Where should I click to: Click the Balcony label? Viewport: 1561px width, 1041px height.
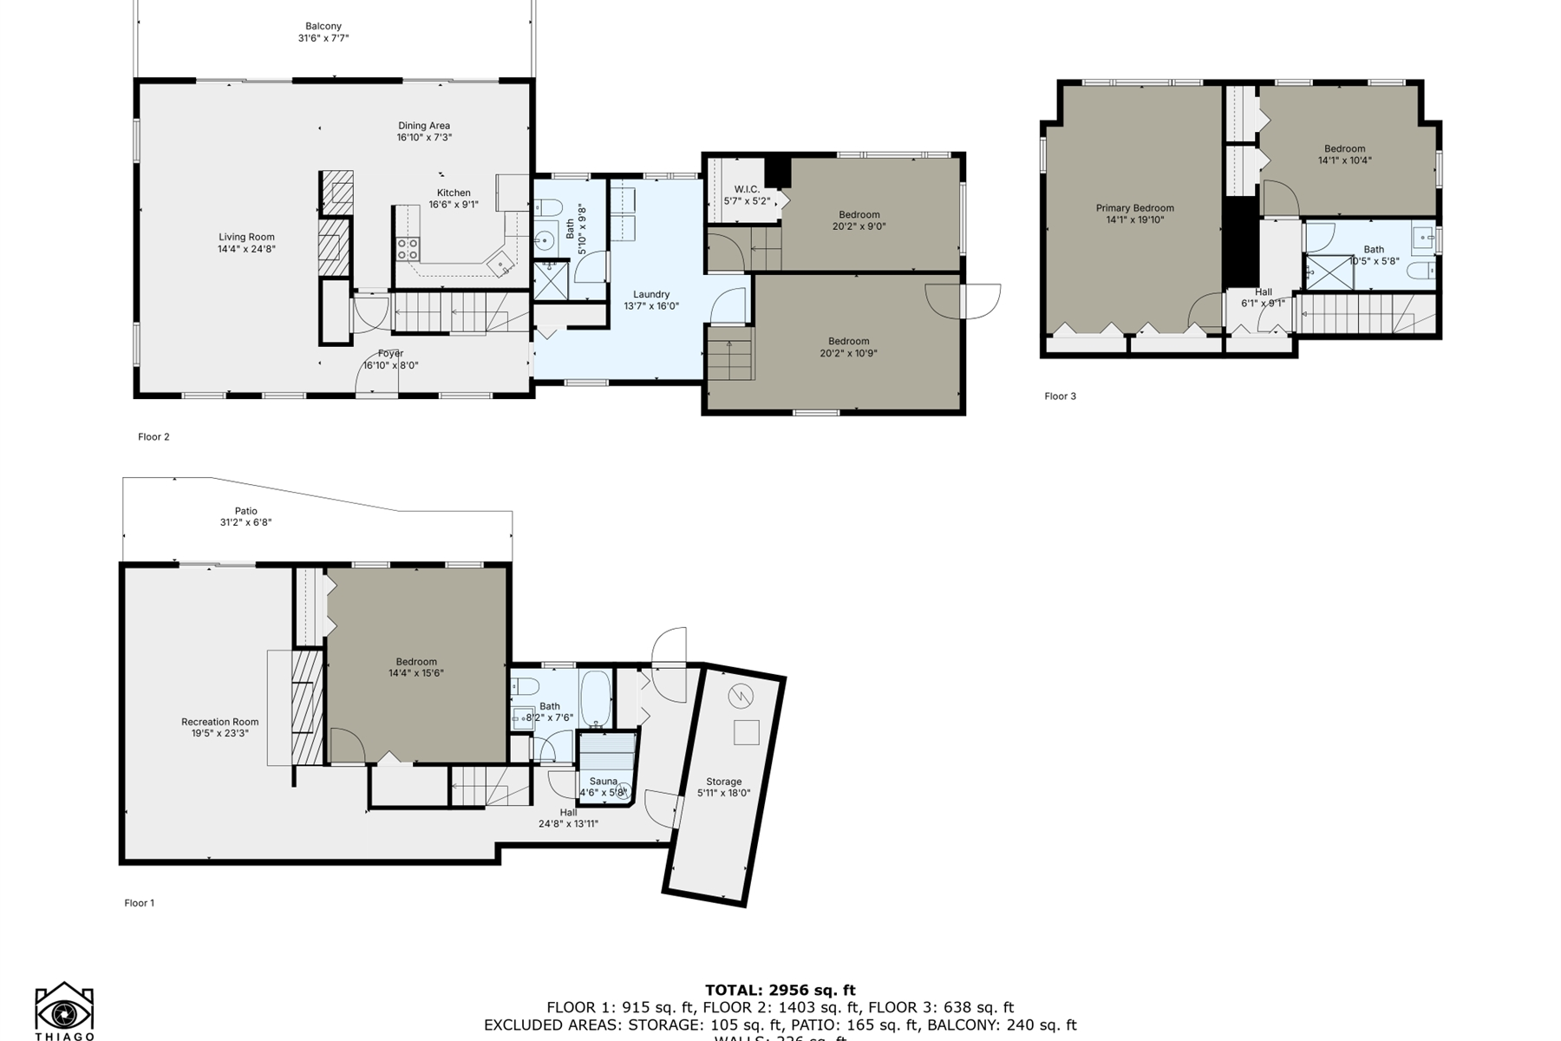[x=323, y=27]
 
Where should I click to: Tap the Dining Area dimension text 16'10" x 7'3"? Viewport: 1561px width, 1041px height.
[x=424, y=138]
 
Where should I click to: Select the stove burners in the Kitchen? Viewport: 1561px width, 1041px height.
[x=408, y=249]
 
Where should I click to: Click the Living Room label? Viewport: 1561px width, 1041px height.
[x=246, y=237]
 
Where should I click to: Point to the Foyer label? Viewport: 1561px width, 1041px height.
[x=390, y=354]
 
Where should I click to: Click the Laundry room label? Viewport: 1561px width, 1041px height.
[x=651, y=294]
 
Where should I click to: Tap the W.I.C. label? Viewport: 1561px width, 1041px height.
[x=747, y=189]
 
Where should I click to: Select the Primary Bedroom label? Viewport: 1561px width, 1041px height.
[x=1134, y=208]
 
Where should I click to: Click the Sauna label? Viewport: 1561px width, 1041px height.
[x=604, y=782]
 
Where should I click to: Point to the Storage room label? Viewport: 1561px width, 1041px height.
[x=723, y=782]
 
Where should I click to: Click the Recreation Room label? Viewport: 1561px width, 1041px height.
[x=219, y=722]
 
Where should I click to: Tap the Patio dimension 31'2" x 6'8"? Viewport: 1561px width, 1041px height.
[x=245, y=523]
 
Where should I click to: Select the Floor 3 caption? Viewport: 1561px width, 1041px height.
[x=1060, y=396]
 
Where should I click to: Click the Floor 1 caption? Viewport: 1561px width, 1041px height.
[x=139, y=903]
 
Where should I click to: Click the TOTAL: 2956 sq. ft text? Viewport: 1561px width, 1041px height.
[x=780, y=990]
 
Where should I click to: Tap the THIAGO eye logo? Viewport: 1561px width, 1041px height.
[x=64, y=1012]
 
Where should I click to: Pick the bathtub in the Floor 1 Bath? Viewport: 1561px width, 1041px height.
[x=596, y=699]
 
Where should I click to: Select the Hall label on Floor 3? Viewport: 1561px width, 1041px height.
[x=1263, y=292]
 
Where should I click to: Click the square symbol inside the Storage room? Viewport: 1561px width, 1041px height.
[x=746, y=733]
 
